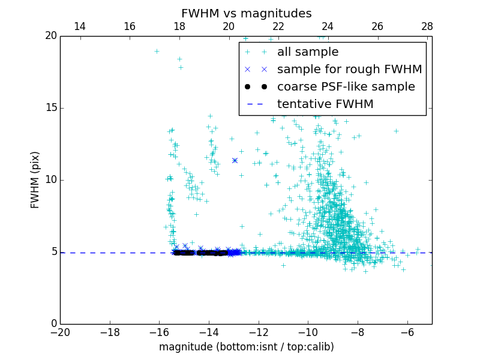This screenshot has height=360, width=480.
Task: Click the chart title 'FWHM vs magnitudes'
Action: click(246, 13)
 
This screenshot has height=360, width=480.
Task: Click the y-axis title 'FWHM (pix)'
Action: click(35, 180)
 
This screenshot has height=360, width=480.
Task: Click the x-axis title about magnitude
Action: click(246, 347)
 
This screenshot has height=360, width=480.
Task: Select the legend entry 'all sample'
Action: click(308, 52)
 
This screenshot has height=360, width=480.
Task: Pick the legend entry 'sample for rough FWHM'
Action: click(349, 70)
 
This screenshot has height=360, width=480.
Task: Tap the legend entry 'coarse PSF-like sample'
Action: click(346, 87)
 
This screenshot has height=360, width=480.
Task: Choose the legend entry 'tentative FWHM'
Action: click(325, 104)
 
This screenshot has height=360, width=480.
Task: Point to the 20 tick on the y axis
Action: click(50, 36)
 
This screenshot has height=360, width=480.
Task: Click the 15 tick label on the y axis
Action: click(50, 108)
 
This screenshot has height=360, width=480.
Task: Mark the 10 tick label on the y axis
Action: click(50, 180)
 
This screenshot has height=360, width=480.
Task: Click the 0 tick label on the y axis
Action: click(53, 324)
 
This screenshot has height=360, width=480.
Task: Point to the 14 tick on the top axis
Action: click(80, 26)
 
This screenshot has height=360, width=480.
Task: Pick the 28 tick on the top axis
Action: click(427, 26)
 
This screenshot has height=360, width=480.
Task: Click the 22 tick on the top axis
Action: click(278, 26)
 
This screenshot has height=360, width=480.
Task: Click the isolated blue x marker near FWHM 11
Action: click(235, 160)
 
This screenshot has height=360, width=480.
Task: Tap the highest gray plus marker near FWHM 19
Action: click(157, 51)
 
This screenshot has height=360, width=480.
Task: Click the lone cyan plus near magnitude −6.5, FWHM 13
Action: click(396, 131)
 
